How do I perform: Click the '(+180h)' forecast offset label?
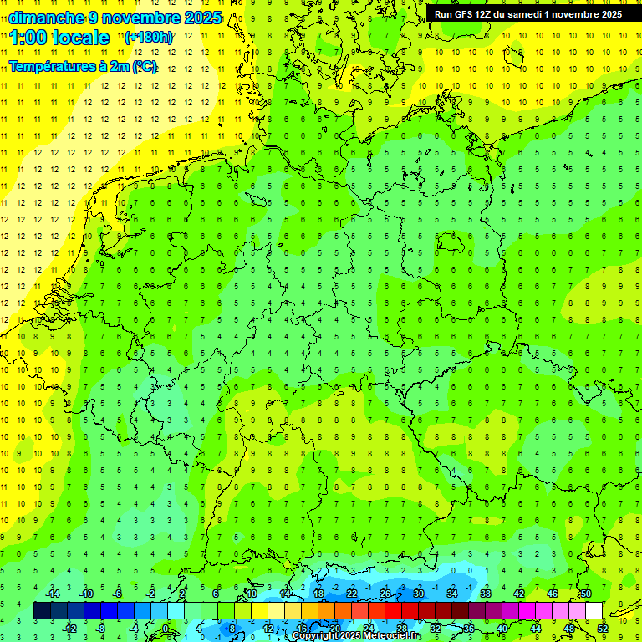pos(148,38)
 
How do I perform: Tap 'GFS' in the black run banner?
pos(465,14)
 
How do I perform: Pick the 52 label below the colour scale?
pos(603,629)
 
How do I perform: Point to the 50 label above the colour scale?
pos(586,594)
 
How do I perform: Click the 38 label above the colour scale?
pos(486,594)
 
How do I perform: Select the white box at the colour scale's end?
pos(594,611)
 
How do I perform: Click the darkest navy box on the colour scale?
pos(42,611)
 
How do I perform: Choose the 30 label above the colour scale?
pos(419,594)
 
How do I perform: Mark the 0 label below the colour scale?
pos(166,629)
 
